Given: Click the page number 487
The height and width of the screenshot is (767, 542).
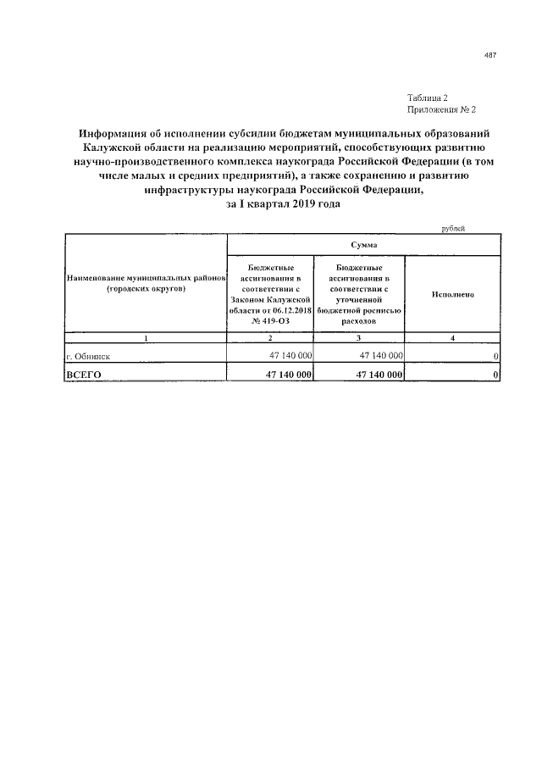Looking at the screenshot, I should [489, 56].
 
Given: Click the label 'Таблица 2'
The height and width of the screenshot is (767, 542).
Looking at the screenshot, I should [428, 98].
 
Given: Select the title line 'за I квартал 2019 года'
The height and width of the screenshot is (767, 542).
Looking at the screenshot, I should [279, 206].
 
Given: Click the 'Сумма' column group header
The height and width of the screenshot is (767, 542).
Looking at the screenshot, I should [363, 243].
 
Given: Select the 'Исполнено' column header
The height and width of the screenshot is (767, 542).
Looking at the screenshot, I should [451, 294].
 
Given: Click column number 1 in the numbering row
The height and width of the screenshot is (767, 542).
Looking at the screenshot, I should [145, 338].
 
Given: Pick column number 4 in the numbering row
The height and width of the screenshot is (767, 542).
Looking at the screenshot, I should [451, 338].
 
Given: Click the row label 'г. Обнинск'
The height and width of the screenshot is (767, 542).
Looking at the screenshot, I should [88, 357].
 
